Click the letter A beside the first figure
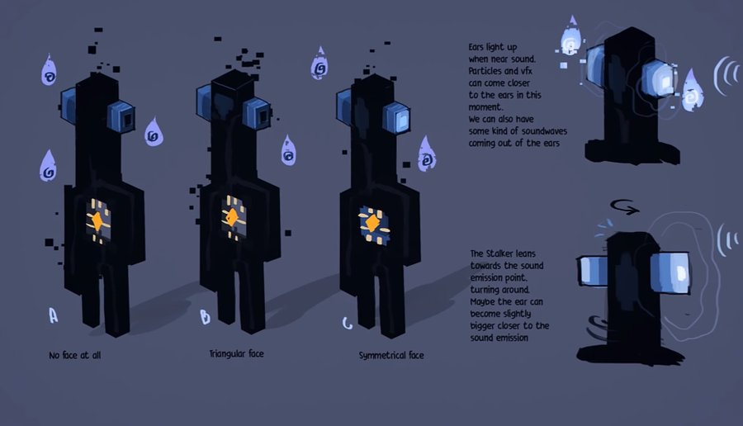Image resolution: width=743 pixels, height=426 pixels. [54, 315]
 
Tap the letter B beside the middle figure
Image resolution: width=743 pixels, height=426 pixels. [205, 317]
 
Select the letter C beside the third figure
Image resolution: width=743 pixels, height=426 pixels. [348, 322]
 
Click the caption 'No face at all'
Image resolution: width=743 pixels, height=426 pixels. [74, 355]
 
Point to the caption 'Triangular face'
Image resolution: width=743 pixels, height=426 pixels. [237, 353]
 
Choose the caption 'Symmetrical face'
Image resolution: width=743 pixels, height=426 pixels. [391, 355]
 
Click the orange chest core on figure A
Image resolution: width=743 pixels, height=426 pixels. [97, 220]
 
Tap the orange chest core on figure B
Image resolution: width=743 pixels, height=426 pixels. [233, 218]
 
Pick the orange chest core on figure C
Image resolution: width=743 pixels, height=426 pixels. [373, 223]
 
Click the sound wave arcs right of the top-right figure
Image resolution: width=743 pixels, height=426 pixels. [726, 77]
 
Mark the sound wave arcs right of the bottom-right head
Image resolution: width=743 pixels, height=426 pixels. [727, 239]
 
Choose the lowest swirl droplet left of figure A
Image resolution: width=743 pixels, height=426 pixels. [49, 167]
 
